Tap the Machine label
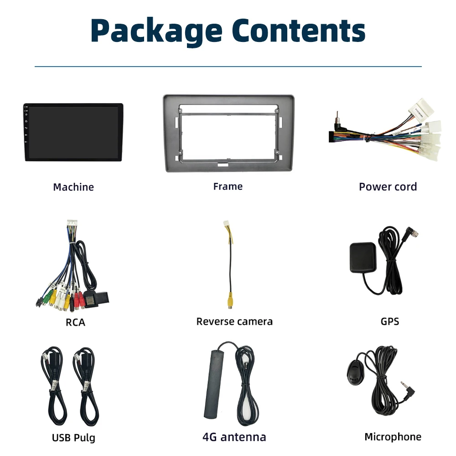pos(73,187)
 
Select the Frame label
pos(228,186)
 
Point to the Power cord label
pos(388,187)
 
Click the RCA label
pos(75,322)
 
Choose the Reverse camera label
pos(234,321)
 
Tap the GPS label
pos(389,321)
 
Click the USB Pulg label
pos(73,438)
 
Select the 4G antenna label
pos(234,437)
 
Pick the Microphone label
pos(393,437)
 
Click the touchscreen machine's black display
pos(73,132)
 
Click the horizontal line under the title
pos(228,67)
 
